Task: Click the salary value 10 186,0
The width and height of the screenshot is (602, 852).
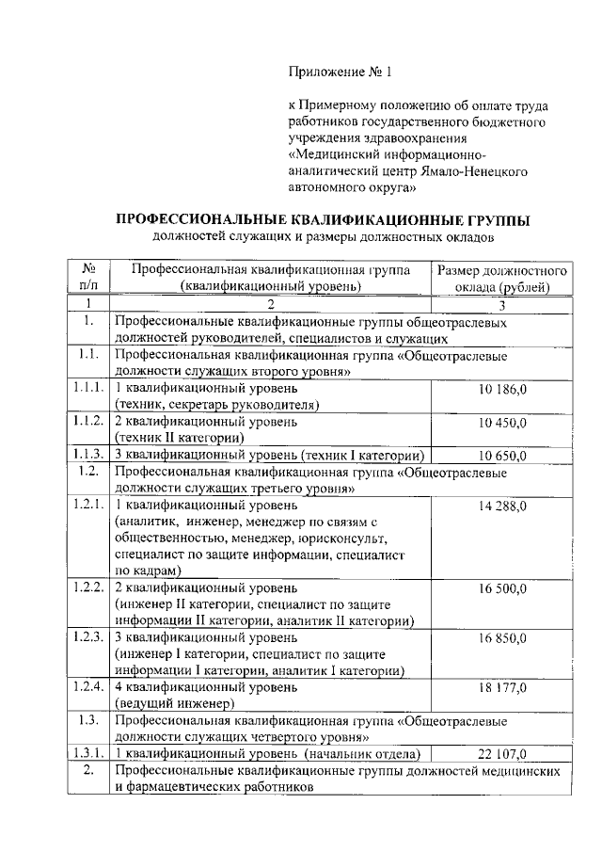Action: (503, 388)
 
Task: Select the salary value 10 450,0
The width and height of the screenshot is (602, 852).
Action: (503, 421)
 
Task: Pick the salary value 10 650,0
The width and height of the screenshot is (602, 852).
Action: (503, 456)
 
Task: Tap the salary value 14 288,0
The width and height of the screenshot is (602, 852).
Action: (503, 506)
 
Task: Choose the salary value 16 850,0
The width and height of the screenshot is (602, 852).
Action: (503, 638)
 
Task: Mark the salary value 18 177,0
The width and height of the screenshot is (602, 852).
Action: (503, 688)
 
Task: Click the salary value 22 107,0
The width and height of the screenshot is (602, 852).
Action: (503, 755)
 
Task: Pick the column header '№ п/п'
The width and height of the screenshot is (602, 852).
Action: (88, 279)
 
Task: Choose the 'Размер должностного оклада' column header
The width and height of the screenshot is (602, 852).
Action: (502, 279)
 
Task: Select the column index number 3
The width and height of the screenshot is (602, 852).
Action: (502, 305)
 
